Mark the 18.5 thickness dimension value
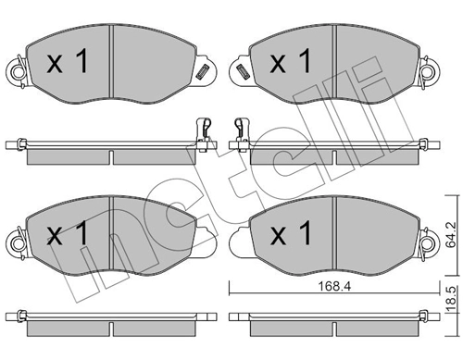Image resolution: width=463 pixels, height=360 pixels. pyautogui.click(x=451, y=303)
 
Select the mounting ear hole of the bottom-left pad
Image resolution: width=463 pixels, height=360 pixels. pyautogui.click(x=16, y=242)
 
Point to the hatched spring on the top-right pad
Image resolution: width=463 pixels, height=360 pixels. pyautogui.click(x=242, y=71)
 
